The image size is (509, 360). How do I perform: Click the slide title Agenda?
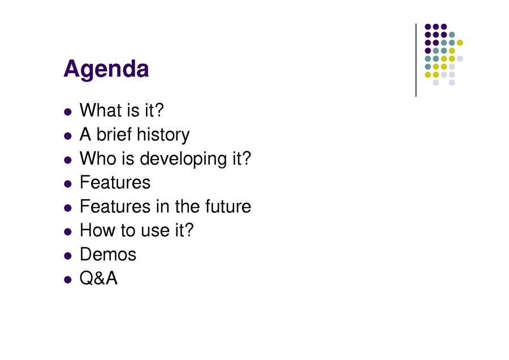tap(106, 69)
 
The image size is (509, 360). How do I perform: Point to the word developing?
tap(184, 159)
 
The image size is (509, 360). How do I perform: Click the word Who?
tap(98, 158)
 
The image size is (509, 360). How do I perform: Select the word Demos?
tap(108, 254)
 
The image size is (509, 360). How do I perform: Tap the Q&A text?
tap(98, 278)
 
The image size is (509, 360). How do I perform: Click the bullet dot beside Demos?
tap(68, 256)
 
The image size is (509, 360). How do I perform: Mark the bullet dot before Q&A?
tap(68, 280)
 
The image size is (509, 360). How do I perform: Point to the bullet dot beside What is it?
tap(68, 112)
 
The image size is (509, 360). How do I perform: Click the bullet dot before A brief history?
tap(68, 136)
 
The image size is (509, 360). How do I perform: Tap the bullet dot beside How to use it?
tap(68, 232)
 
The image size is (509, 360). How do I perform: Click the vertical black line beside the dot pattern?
tap(416, 60)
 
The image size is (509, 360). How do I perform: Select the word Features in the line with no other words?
tap(115, 182)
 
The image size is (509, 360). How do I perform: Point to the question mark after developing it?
tap(247, 158)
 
